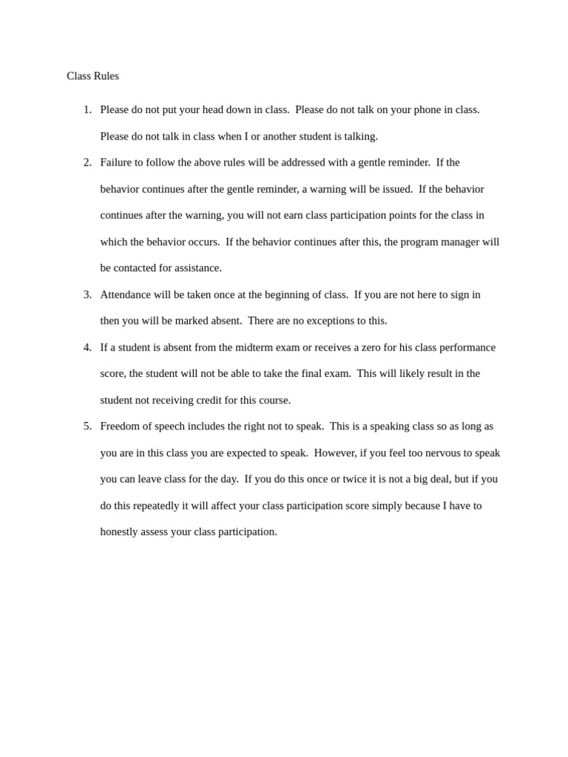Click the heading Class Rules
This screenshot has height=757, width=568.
tap(92, 76)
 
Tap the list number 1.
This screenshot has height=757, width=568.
tap(87, 109)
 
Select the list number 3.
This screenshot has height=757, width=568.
tap(87, 294)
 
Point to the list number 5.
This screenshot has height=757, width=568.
tap(87, 426)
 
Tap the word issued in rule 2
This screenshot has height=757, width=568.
tap(396, 189)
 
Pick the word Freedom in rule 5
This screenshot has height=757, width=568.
tap(122, 426)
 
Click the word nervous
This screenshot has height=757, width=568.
tap(443, 452)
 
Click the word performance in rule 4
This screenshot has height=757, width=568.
tap(466, 347)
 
